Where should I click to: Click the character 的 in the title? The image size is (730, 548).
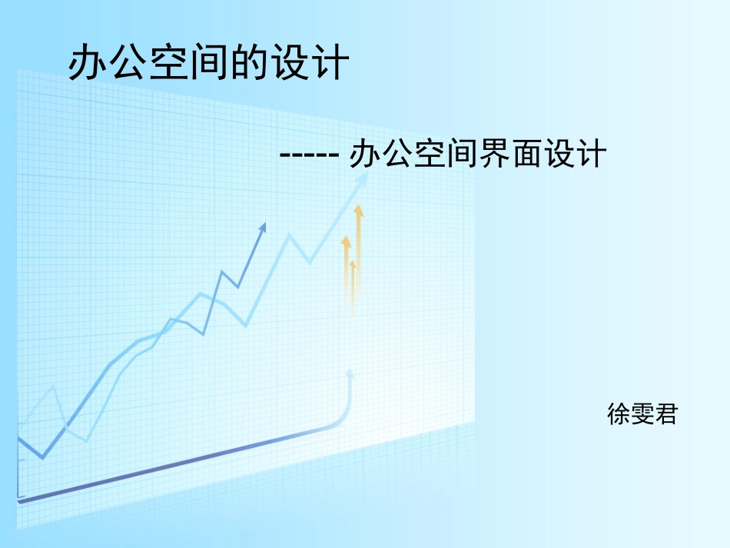click(x=249, y=62)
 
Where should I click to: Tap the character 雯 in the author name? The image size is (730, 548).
click(x=642, y=415)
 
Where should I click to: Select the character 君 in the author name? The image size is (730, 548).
click(x=666, y=415)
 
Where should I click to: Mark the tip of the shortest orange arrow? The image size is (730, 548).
click(x=353, y=264)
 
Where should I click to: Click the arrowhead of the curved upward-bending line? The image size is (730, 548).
click(x=350, y=373)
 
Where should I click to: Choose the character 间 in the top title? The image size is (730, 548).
click(x=208, y=62)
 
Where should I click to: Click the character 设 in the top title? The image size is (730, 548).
click(x=290, y=62)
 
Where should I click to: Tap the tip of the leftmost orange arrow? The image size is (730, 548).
click(x=347, y=240)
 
